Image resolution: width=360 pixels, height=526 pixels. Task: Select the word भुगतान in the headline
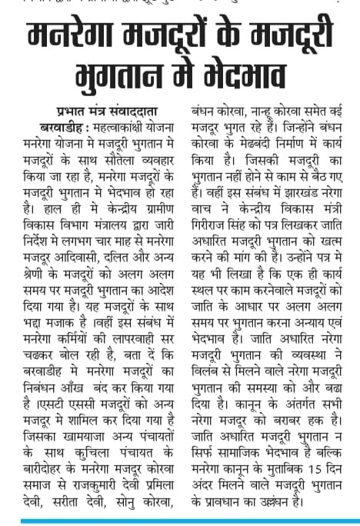[x=123, y=77]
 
